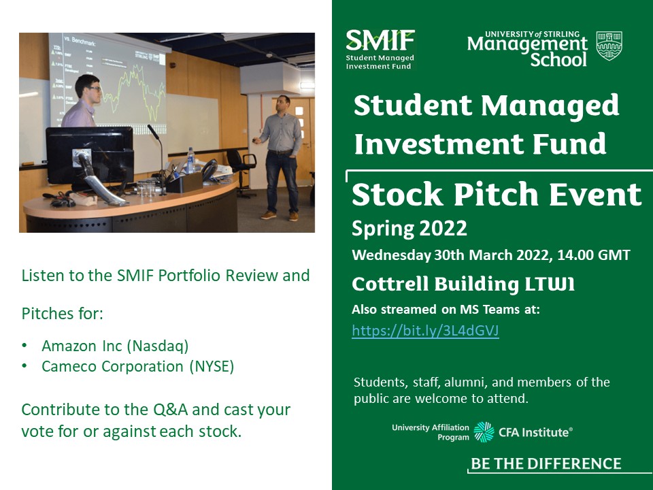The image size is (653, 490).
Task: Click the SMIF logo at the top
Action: (x=380, y=48)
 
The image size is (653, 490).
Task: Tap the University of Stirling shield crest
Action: (x=609, y=46)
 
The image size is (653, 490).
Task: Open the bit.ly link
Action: (x=425, y=331)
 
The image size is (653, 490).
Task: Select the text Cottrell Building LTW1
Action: (x=463, y=284)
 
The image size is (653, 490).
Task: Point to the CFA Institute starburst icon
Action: (x=484, y=432)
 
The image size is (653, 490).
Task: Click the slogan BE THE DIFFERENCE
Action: (x=546, y=464)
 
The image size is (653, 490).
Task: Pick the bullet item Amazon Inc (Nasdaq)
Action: (x=115, y=346)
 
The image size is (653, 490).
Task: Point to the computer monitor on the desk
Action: (x=89, y=150)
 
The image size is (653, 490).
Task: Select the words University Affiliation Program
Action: (x=431, y=432)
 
